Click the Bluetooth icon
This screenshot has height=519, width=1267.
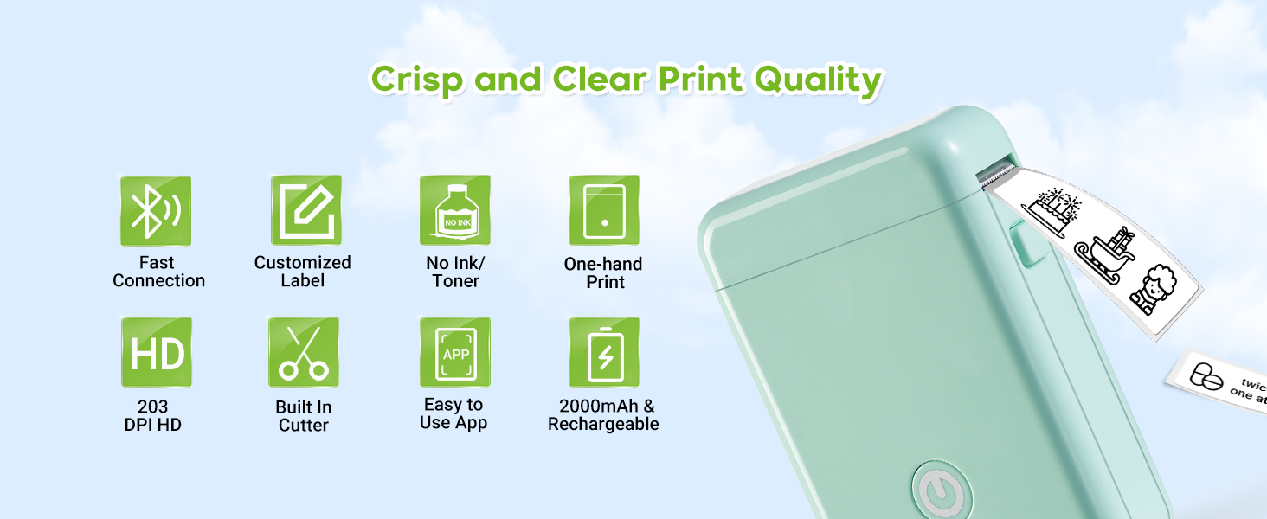156,211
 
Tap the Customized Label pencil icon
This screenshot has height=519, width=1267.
306,211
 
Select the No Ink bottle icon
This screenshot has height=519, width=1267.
455,211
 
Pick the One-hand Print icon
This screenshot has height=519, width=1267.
604,211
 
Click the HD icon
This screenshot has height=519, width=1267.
157,353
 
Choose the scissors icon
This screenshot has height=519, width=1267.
304,353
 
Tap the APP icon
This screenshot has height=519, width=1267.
455,353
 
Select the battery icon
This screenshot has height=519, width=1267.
604,353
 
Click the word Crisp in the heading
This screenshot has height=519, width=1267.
417,80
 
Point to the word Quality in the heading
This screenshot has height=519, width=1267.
817,80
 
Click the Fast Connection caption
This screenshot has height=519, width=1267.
158,272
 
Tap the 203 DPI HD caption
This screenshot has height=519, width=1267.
153,415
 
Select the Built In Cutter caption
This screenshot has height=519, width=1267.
304,416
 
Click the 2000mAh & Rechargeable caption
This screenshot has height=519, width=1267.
603,414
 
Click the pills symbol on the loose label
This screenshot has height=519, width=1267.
1205,375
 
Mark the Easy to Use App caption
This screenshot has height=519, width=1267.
453,413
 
